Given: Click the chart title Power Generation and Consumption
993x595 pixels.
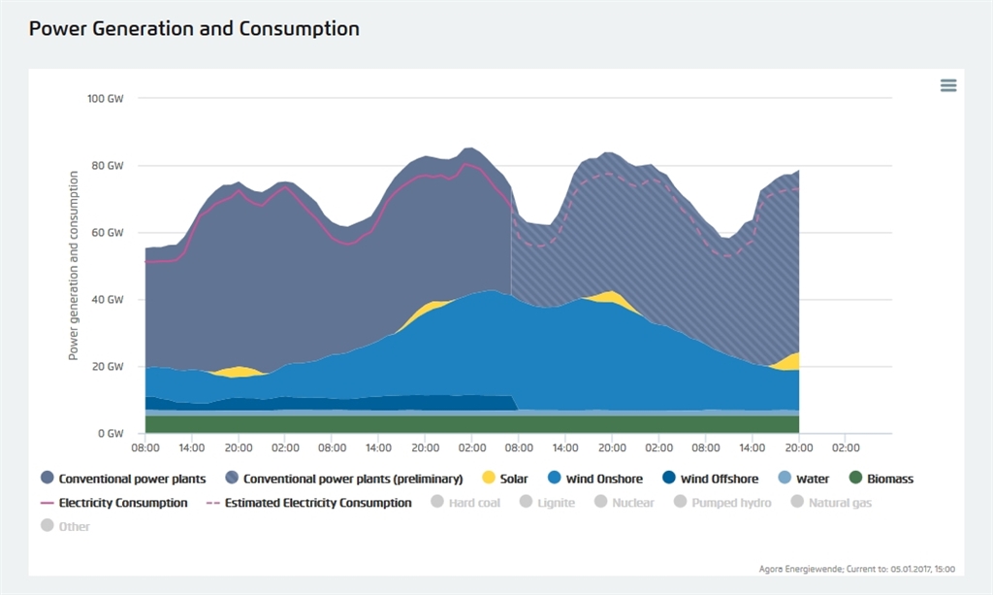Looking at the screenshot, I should click(194, 29).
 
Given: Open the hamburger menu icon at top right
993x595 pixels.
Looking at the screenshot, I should click(948, 85).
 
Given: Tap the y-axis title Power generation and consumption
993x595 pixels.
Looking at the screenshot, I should click(74, 266).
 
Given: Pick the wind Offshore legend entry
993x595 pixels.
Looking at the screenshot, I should click(711, 479).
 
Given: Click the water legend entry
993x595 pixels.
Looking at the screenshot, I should click(805, 479).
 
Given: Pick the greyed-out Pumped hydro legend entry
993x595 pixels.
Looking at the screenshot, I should click(721, 503).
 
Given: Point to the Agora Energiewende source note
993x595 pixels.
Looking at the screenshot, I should click(858, 569).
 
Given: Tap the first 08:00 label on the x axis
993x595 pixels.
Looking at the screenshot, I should click(145, 448).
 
